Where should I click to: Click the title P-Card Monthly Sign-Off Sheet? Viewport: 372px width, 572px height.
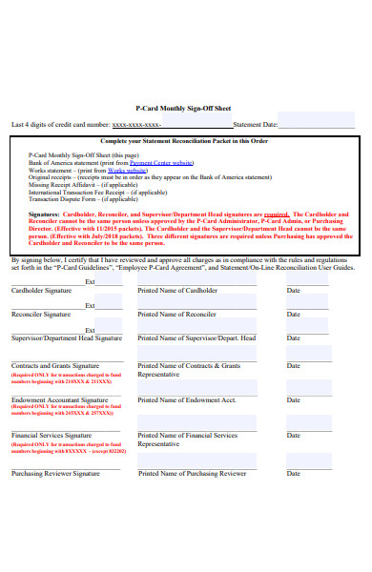(183, 109)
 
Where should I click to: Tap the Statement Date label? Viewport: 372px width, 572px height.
(256, 124)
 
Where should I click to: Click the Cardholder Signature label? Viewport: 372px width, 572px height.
(41, 290)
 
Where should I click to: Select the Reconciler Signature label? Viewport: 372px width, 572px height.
(41, 314)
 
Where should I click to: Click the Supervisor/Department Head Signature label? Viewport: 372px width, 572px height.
(67, 337)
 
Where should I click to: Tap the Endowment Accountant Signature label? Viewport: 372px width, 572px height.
(59, 400)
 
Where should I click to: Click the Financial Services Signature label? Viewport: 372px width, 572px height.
(52, 435)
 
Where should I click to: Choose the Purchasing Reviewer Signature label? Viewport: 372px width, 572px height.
(55, 473)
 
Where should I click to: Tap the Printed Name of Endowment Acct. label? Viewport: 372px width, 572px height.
(187, 400)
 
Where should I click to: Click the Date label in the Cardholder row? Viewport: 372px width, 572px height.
(294, 290)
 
